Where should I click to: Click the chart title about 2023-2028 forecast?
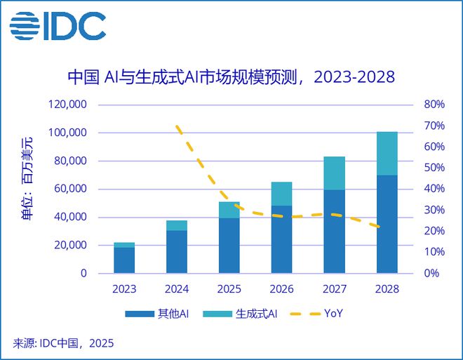tap(231, 76)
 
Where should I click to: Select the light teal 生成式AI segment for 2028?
tap(387, 153)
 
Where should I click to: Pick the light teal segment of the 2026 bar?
tap(282, 194)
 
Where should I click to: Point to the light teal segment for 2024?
tap(177, 225)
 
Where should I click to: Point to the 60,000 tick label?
tap(69, 189)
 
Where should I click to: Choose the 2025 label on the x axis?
tap(229, 288)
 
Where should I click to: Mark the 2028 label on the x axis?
tap(387, 288)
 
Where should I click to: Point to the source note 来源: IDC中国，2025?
tap(63, 343)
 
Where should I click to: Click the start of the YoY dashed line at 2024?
tap(177, 127)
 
